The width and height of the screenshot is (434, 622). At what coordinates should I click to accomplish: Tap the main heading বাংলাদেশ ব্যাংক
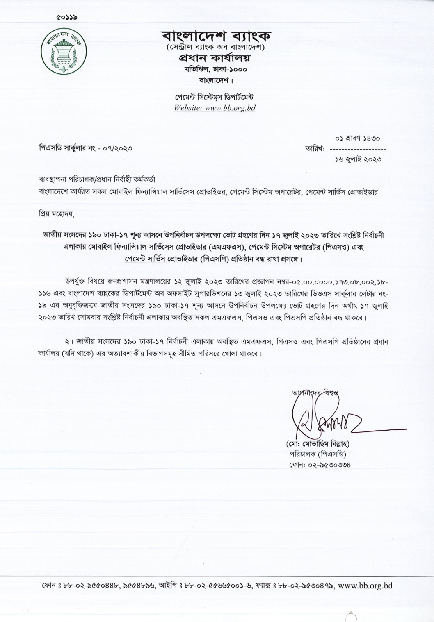216,36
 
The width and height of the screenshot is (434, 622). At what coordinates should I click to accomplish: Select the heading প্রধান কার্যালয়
216,59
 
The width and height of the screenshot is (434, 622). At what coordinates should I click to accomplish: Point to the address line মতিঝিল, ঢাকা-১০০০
216,69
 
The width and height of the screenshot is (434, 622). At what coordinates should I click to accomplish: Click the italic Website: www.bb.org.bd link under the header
215,108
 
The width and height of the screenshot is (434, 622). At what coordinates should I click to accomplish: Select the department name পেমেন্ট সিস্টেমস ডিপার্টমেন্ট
215,98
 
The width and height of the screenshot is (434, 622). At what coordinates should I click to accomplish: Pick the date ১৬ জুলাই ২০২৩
358,159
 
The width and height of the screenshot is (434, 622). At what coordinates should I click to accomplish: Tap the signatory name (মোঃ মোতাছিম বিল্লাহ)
318,444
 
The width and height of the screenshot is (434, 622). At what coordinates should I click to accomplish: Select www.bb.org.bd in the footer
365,586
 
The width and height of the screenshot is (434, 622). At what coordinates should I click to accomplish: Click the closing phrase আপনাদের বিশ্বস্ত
315,392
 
